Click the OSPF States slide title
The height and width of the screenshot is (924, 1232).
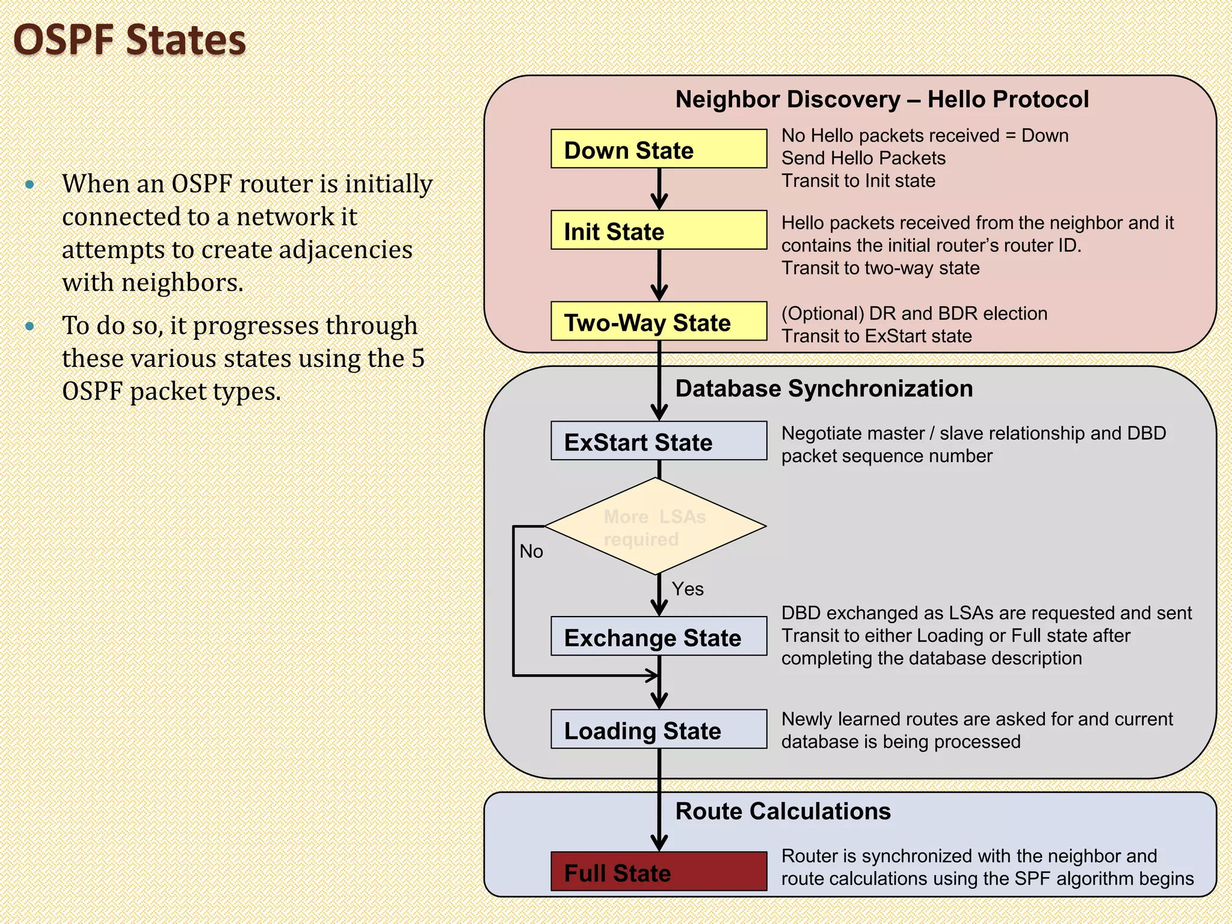(129, 40)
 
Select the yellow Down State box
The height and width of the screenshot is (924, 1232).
(659, 149)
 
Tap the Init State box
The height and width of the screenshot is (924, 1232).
(659, 230)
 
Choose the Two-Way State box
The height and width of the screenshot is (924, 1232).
(659, 321)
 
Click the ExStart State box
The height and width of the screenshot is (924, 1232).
(659, 441)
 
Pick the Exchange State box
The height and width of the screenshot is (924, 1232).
(659, 636)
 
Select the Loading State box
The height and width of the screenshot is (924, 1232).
(659, 730)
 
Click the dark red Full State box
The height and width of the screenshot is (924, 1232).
(659, 872)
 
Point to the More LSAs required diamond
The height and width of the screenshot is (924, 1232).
(654, 527)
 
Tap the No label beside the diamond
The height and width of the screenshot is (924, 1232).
(531, 551)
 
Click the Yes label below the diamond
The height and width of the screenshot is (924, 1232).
(688, 589)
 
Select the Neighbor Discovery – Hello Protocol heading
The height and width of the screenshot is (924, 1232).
(882, 99)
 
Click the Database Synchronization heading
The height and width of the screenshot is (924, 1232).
(824, 389)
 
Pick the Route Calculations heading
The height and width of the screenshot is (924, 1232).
(783, 812)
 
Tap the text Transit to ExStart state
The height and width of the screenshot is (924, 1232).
(876, 336)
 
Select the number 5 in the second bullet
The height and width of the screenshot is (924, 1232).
(418, 359)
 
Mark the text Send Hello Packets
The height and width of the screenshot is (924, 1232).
(863, 158)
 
